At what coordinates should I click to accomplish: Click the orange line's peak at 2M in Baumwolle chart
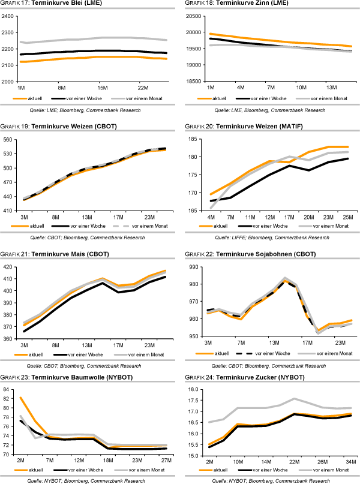pos(22,398)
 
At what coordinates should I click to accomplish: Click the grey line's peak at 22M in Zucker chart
pos(295,415)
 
